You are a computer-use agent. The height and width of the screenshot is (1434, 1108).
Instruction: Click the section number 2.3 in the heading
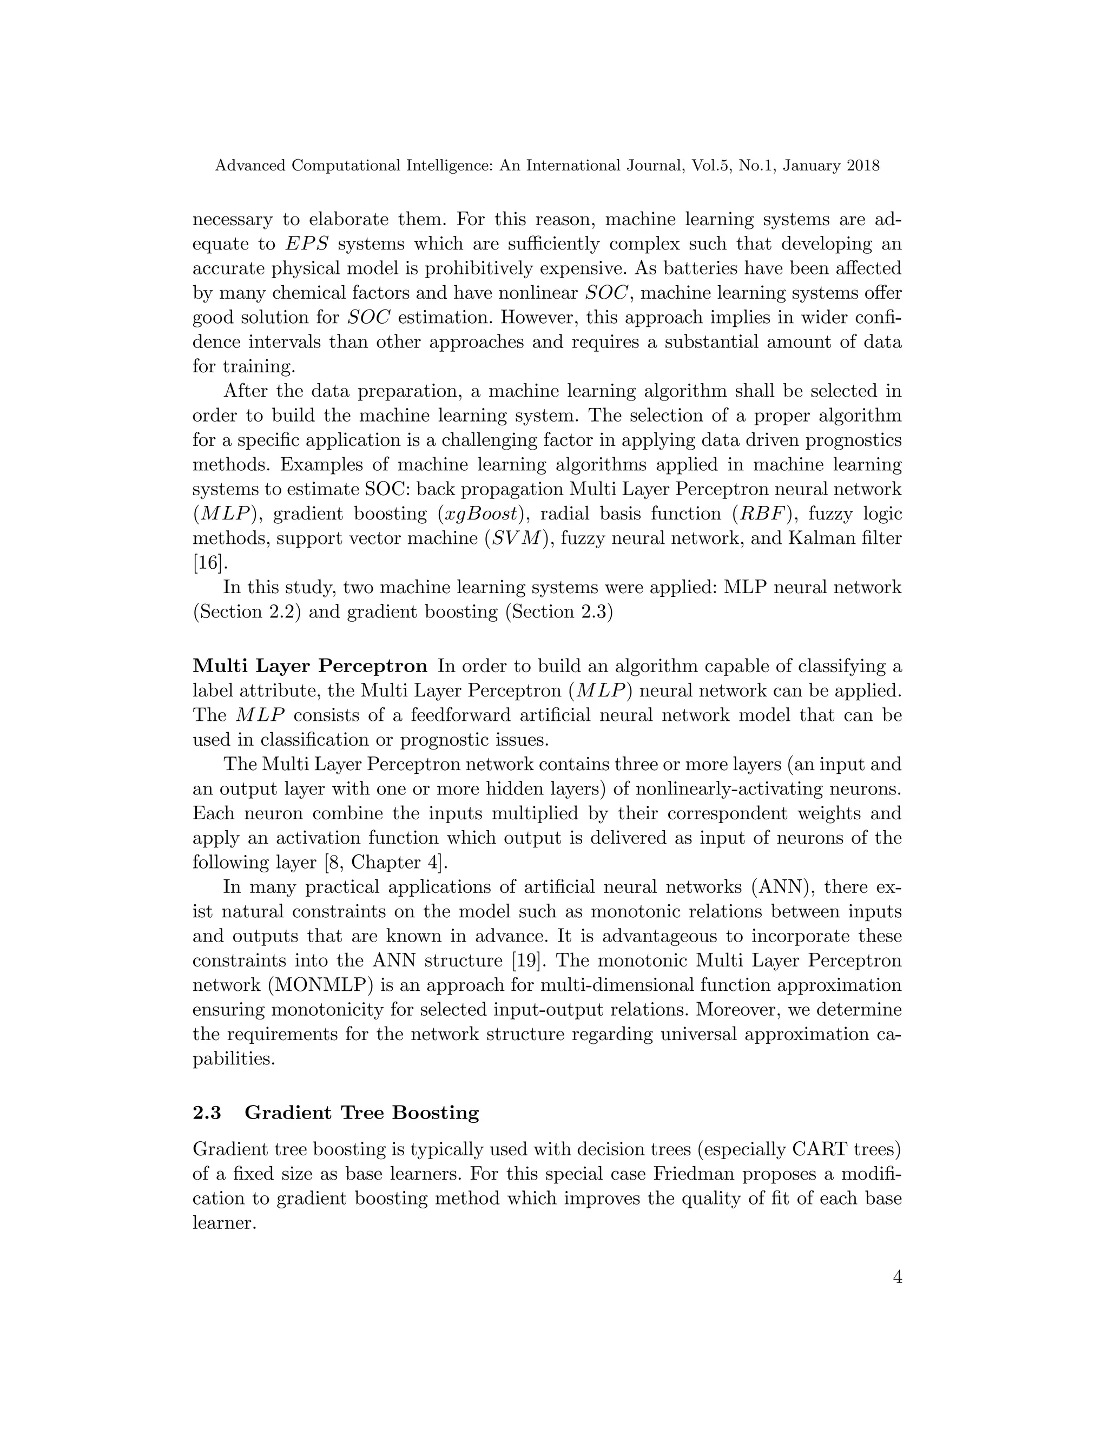click(x=207, y=1113)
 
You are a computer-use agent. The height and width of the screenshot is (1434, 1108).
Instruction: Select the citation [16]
click(x=209, y=563)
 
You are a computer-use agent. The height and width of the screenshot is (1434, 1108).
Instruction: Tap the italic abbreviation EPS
click(x=307, y=244)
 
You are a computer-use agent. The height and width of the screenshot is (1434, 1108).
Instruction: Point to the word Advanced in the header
click(x=250, y=166)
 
